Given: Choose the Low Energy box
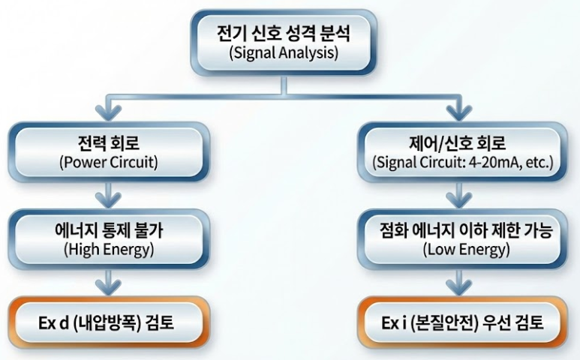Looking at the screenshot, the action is [459, 238].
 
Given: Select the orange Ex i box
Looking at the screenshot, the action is [459, 325].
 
